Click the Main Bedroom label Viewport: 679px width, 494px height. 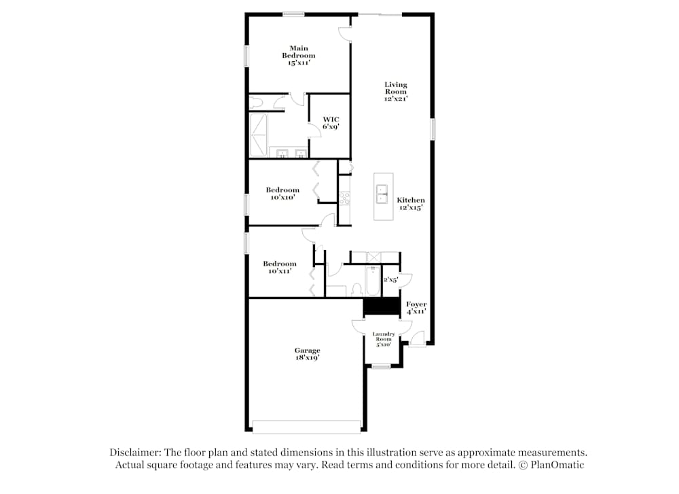pyautogui.click(x=299, y=55)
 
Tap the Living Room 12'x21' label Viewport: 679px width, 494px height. pyautogui.click(x=396, y=92)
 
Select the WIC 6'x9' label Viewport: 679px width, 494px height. pyautogui.click(x=331, y=123)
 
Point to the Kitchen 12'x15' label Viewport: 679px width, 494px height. pyautogui.click(x=411, y=204)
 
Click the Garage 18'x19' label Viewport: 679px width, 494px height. pyautogui.click(x=307, y=354)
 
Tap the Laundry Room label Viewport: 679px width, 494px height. pyautogui.click(x=384, y=338)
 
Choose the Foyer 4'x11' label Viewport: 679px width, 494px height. pyautogui.click(x=416, y=307)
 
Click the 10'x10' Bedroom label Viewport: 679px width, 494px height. pyautogui.click(x=282, y=194)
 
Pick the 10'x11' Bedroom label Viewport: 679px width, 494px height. pyautogui.click(x=280, y=267)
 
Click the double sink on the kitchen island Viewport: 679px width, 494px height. pyautogui.click(x=382, y=194)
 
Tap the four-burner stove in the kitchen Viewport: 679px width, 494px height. pyautogui.click(x=345, y=198)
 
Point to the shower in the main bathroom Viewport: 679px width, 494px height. pyautogui.click(x=259, y=135)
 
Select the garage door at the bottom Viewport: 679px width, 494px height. pyautogui.click(x=306, y=426)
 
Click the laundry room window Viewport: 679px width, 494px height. pyautogui.click(x=382, y=367)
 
